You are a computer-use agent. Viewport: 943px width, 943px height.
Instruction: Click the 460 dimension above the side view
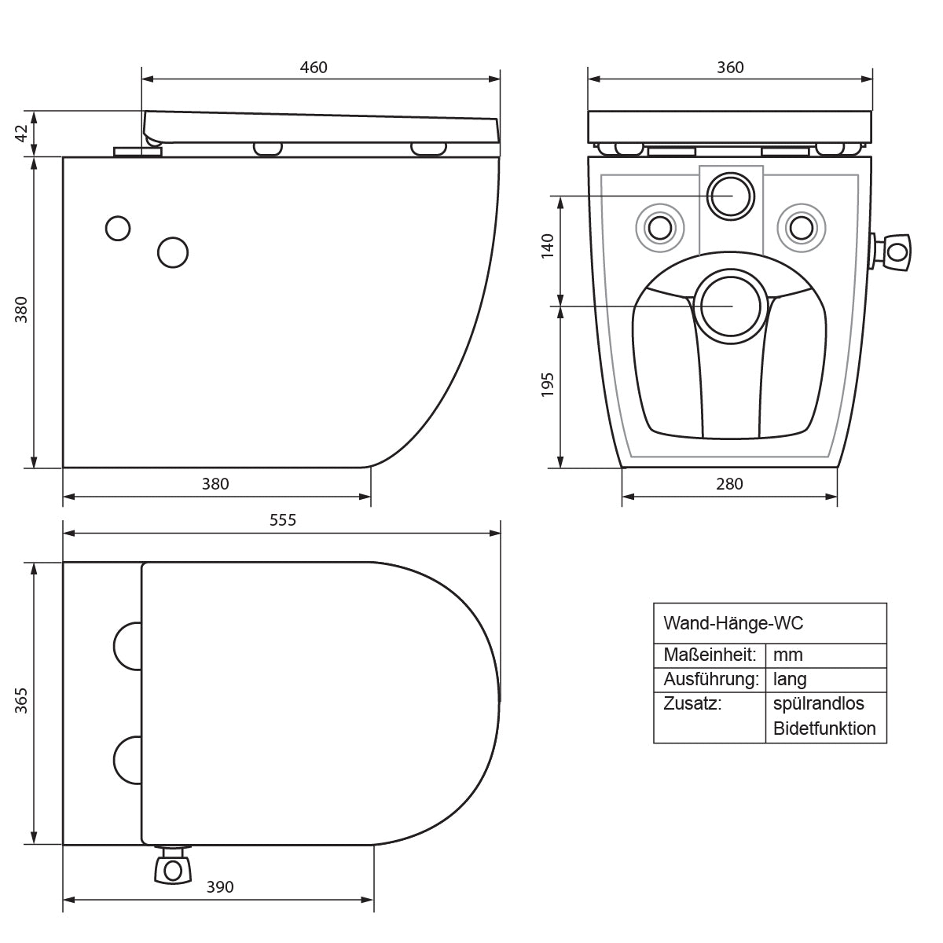click(314, 68)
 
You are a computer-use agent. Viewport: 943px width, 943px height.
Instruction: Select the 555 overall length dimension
click(283, 519)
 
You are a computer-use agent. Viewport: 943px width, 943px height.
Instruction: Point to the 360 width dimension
click(730, 68)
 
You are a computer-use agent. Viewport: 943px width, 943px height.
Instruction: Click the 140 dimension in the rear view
click(548, 246)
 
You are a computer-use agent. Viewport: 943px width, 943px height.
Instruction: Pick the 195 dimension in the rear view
click(548, 384)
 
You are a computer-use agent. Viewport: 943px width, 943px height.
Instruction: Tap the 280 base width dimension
click(729, 484)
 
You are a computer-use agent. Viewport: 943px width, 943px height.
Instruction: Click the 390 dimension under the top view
click(220, 886)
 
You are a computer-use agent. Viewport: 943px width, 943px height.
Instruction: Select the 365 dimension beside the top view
click(21, 700)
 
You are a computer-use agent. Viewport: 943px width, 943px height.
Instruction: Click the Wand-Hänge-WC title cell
click(733, 623)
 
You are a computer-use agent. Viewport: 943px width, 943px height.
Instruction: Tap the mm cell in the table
click(788, 655)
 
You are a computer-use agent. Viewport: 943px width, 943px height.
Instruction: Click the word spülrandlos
click(819, 704)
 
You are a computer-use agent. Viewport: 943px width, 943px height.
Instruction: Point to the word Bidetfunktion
click(824, 728)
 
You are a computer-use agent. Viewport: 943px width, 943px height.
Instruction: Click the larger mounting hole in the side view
click(173, 252)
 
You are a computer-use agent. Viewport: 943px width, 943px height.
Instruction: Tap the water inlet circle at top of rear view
click(731, 196)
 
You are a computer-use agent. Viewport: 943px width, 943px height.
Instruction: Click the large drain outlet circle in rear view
click(731, 306)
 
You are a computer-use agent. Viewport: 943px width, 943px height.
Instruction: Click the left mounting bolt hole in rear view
click(659, 228)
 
